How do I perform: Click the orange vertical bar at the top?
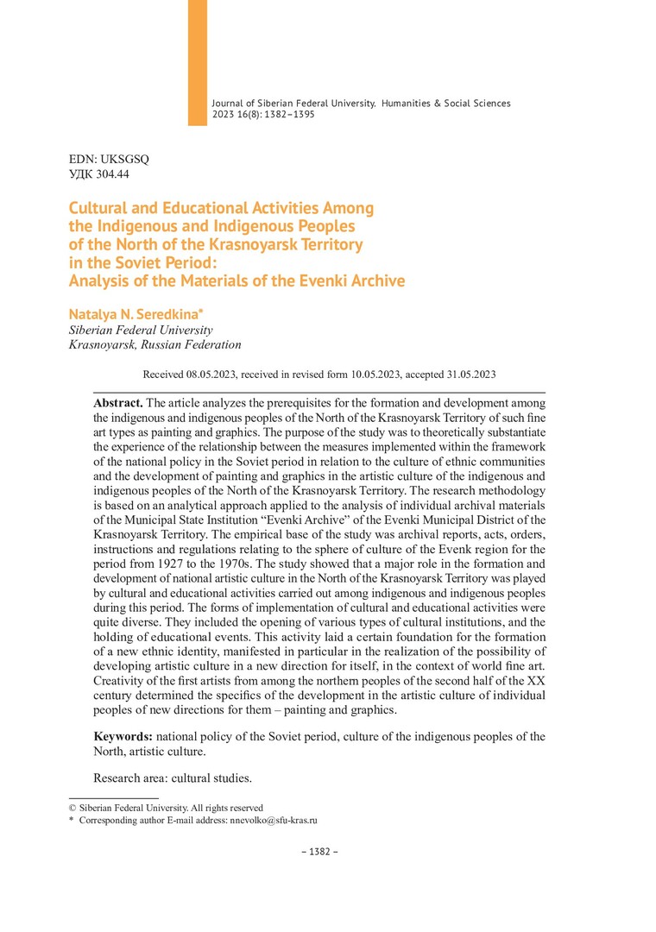click(x=198, y=62)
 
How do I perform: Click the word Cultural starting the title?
click(x=101, y=208)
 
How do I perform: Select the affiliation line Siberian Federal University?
click(x=140, y=330)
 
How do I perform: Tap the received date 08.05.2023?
click(x=212, y=375)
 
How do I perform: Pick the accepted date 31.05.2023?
click(x=464, y=375)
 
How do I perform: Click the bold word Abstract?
click(x=118, y=402)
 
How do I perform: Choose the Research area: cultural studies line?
click(x=173, y=778)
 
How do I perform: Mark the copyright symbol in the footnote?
click(x=73, y=808)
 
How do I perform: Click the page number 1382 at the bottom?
click(x=319, y=852)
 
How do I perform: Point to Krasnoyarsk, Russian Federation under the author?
click(x=155, y=345)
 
